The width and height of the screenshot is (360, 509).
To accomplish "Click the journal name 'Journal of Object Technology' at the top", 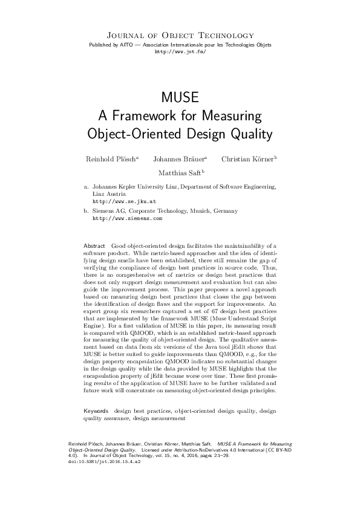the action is pyautogui.click(x=180, y=36).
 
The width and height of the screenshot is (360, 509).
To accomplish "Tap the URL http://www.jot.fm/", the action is pyautogui.click(x=180, y=53).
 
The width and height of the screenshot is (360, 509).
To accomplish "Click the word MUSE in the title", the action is pyautogui.click(x=180, y=98).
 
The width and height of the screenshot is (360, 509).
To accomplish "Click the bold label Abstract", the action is pyautogui.click(x=94, y=246).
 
